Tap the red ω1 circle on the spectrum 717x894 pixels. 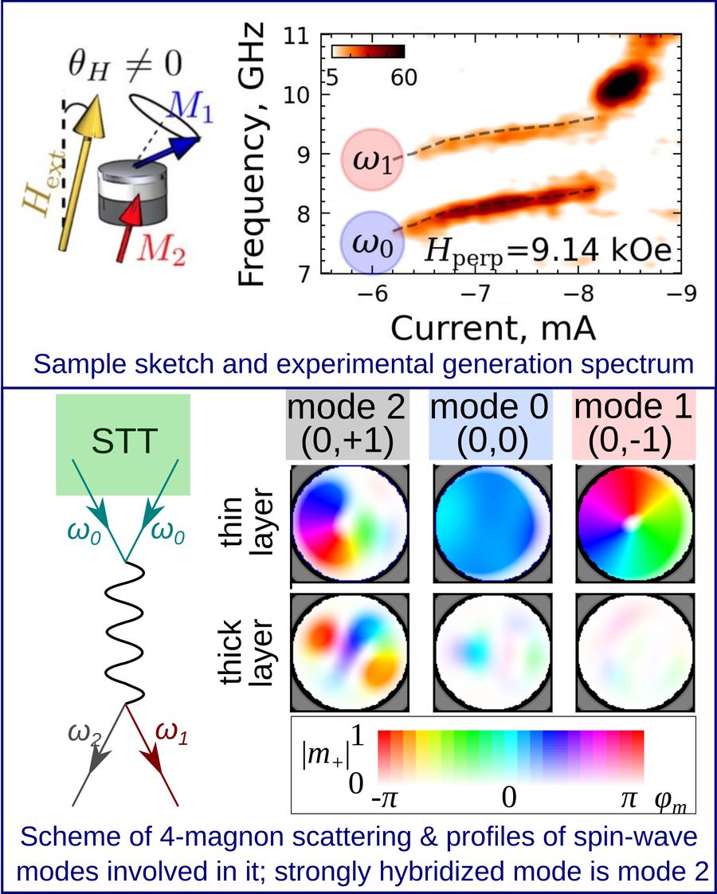coord(373,159)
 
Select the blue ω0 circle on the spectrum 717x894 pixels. coord(371,241)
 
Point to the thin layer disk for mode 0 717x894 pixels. coord(491,524)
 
